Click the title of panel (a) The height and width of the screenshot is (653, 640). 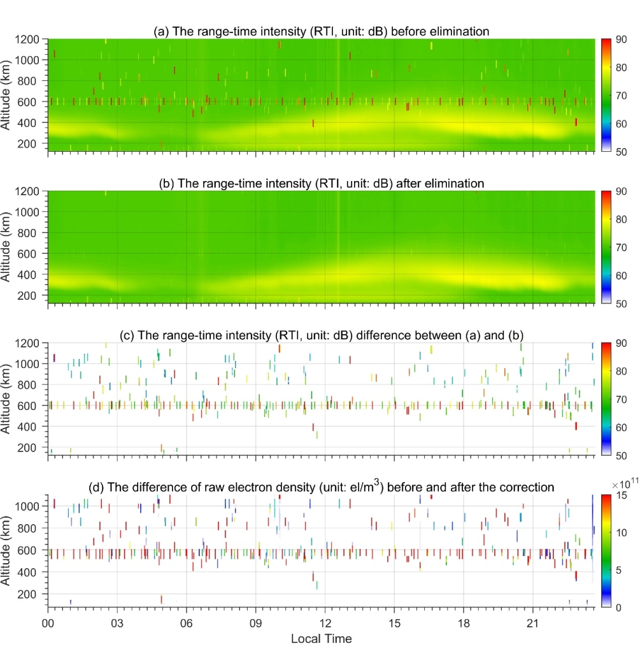coord(320,31)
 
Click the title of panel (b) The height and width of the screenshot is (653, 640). coord(321,183)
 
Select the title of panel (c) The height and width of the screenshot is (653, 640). coord(321,335)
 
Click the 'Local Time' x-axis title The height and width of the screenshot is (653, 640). coord(321,638)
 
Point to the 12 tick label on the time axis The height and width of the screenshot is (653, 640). coord(325,622)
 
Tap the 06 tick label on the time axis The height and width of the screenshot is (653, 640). coord(187,622)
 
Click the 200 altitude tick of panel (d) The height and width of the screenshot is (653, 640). coord(34,594)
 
